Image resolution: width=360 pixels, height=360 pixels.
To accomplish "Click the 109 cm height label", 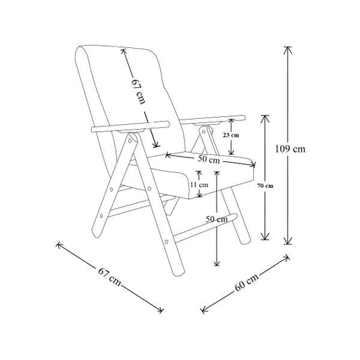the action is tap(290, 149).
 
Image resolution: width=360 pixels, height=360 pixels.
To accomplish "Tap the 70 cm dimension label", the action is tap(265, 186).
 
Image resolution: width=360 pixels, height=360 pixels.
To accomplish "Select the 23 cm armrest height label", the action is tap(231, 135).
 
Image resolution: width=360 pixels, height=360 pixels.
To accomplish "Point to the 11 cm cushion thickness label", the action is tap(199, 184).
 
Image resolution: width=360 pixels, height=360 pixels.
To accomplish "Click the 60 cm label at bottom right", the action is tap(247, 282).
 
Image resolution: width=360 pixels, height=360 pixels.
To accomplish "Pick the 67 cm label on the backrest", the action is tap(138, 92).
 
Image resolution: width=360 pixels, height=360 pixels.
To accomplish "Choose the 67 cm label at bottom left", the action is tap(109, 277).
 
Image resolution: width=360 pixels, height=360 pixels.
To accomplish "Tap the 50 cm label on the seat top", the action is tap(209, 159).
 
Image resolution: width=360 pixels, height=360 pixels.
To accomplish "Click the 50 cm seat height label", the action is tap(217, 219).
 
